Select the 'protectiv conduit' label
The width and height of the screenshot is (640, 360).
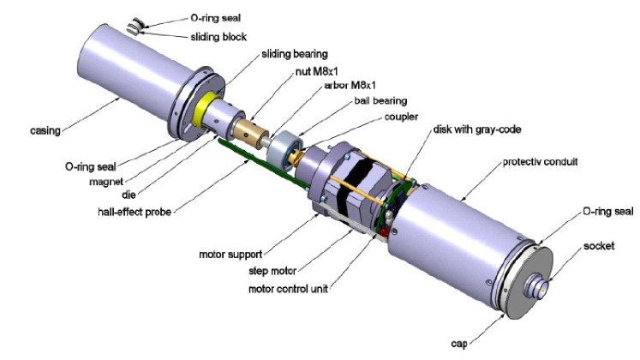pos(539,162)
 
